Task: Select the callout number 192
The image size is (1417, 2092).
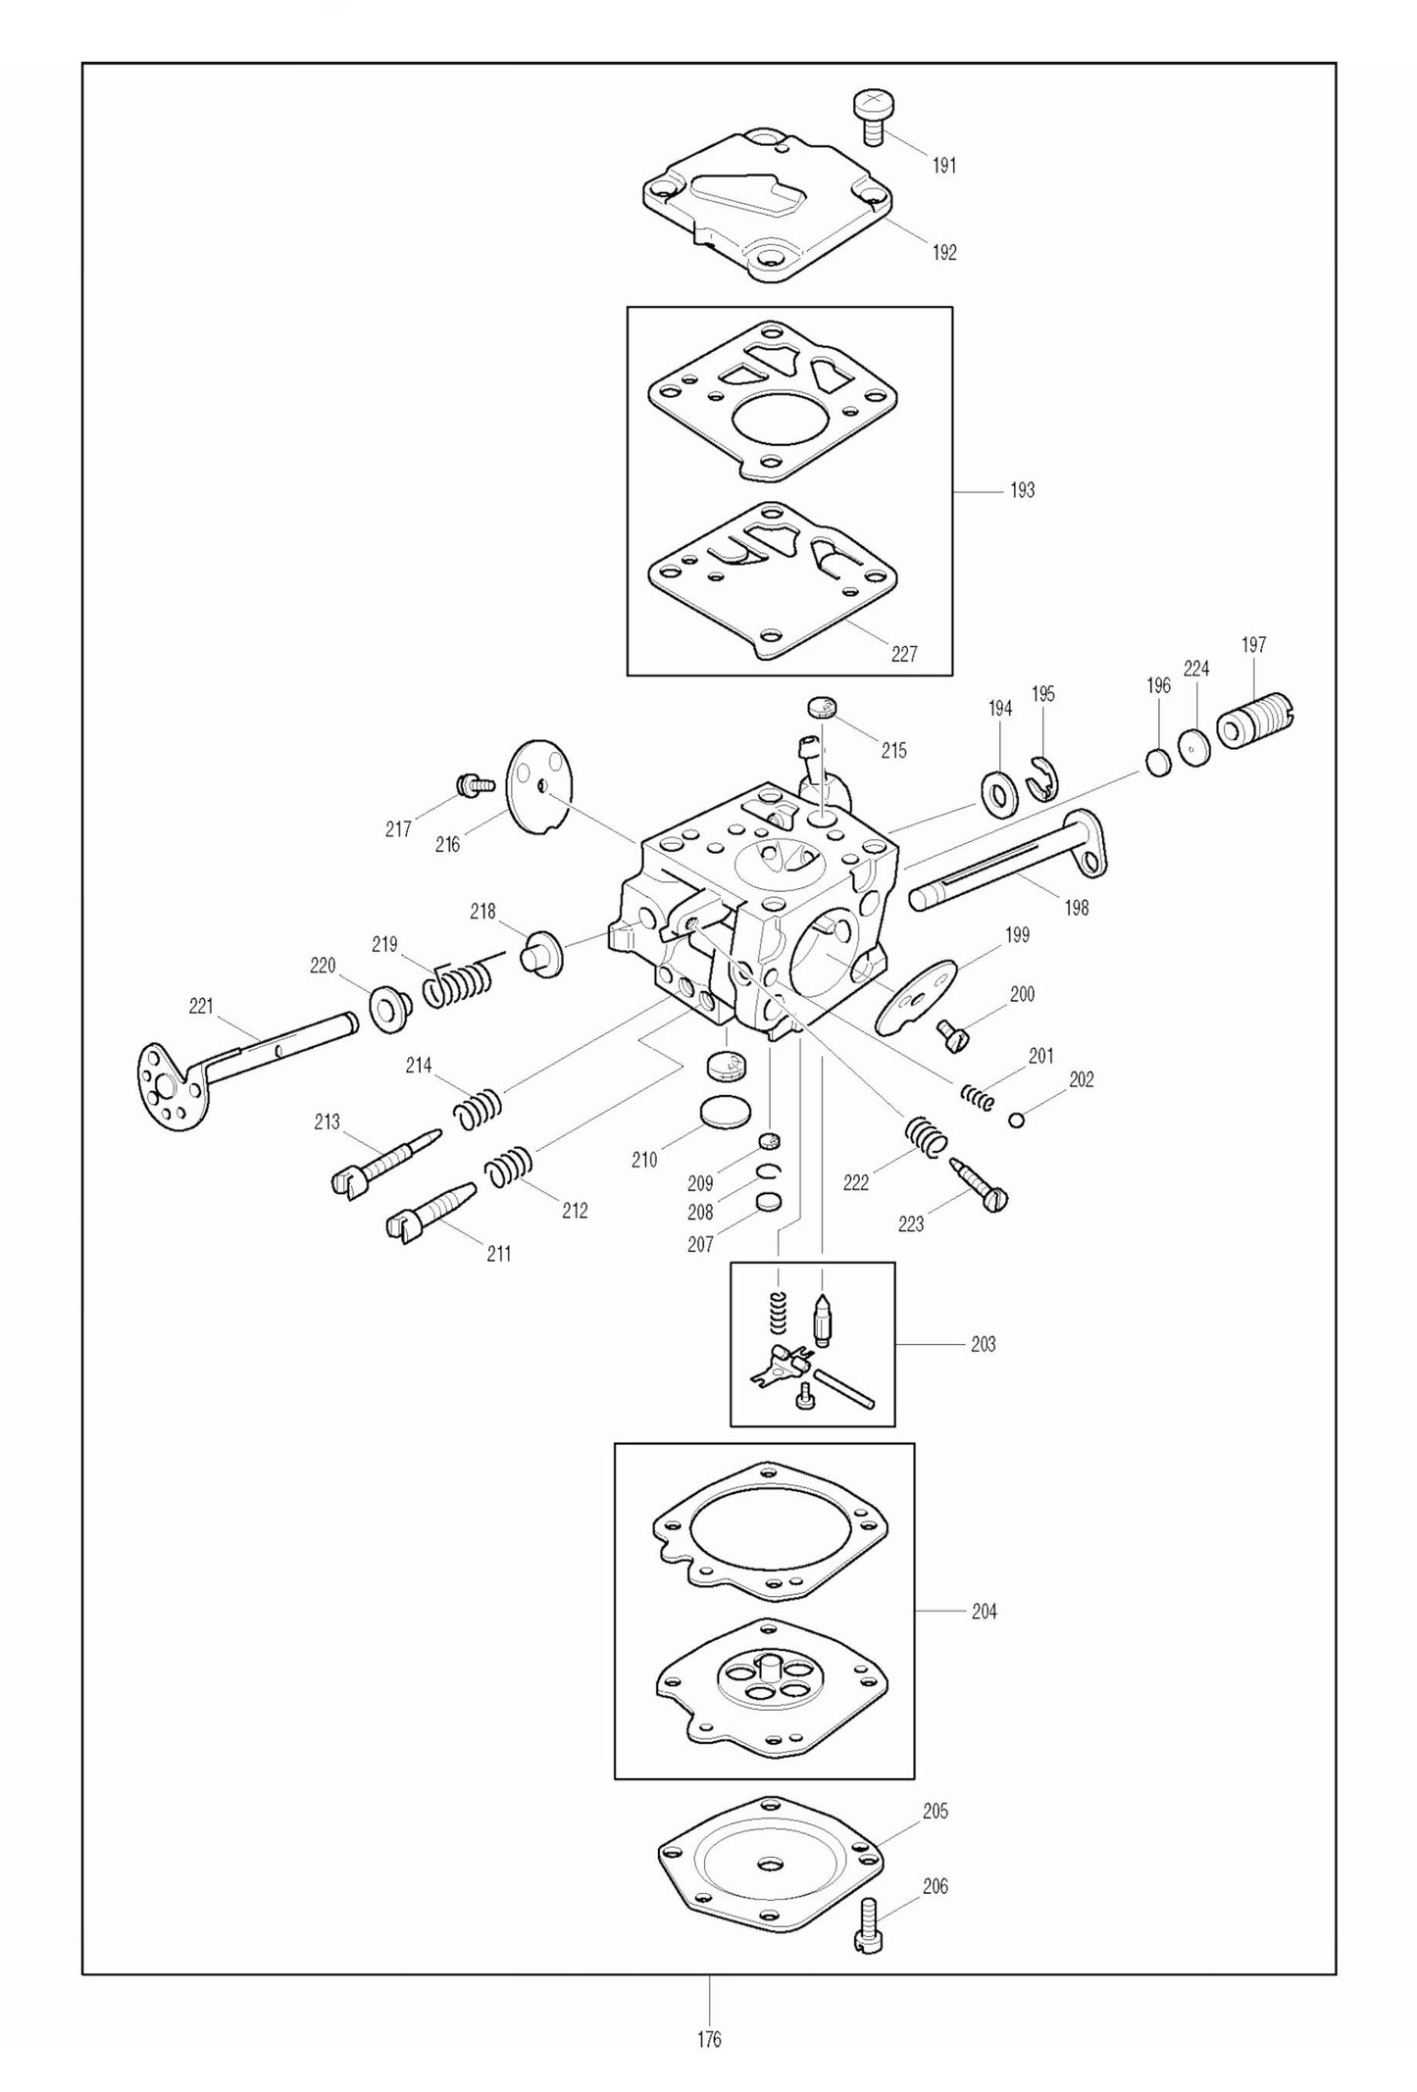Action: point(943,252)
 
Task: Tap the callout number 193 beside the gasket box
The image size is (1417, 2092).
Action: point(1022,490)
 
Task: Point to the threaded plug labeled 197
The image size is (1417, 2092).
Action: point(1254,722)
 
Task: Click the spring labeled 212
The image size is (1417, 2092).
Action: point(509,1167)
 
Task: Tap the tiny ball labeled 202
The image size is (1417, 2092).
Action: point(1017,1121)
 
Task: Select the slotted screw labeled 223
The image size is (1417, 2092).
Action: point(979,1183)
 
